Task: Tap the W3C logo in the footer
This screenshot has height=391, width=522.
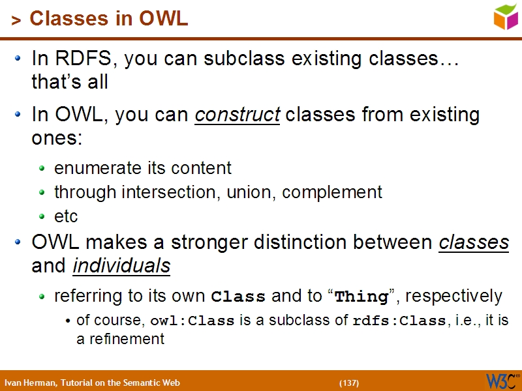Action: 502,381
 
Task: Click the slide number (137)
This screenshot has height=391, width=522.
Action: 349,383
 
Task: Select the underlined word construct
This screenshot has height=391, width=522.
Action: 238,115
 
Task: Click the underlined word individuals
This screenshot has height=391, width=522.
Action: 121,266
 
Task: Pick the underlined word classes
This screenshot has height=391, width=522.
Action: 474,242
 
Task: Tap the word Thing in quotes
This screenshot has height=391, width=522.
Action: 361,297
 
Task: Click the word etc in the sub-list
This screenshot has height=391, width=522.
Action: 66,216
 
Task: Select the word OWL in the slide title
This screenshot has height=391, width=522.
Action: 163,19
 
